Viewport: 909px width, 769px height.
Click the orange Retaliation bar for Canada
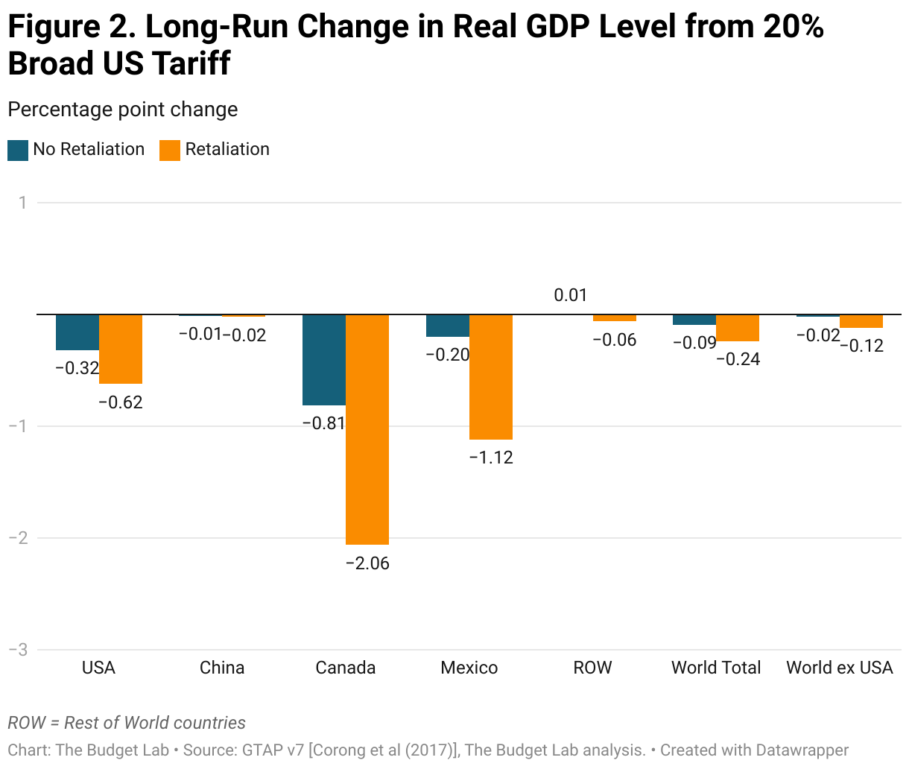point(367,429)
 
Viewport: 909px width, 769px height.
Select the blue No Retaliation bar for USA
point(77,332)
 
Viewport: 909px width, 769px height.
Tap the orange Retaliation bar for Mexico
point(491,377)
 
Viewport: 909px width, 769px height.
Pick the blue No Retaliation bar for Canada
point(324,360)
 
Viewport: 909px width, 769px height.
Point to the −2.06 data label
point(367,563)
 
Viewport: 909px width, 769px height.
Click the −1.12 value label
point(491,458)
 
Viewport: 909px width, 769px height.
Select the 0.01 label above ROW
point(571,295)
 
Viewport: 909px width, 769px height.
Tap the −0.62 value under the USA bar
point(121,402)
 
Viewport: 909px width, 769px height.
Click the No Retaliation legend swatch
point(18,150)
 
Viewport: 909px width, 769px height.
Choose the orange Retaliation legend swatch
point(170,150)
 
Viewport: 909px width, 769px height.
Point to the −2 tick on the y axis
point(18,538)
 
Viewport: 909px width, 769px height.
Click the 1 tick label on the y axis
point(23,203)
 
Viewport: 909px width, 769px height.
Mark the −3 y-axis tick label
point(18,650)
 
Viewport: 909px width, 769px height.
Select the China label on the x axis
point(222,668)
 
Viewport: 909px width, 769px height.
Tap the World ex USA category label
point(840,668)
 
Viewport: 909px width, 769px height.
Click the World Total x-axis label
point(716,668)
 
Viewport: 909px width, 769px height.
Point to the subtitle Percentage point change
point(123,110)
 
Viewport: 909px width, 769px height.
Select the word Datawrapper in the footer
point(802,750)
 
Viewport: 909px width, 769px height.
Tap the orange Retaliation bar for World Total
point(738,328)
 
